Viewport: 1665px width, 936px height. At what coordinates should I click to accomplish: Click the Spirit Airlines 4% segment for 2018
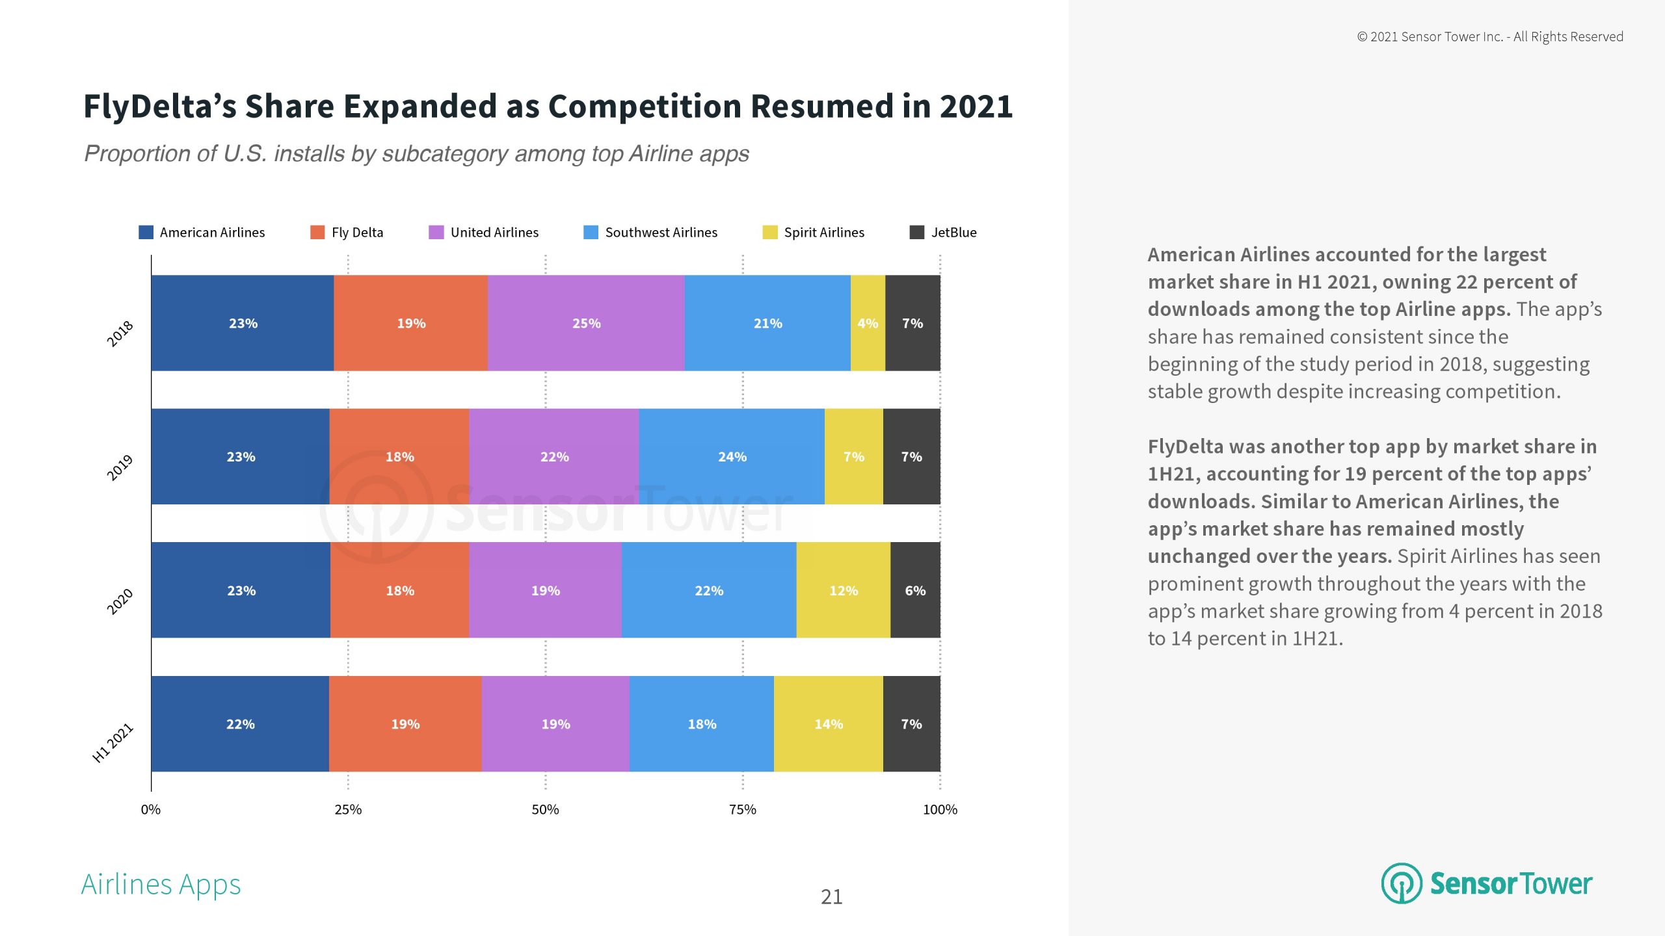click(x=868, y=323)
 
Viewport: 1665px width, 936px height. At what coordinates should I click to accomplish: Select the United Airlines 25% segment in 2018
click(x=586, y=323)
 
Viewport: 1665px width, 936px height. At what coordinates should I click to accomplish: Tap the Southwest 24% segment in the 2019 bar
click(x=732, y=456)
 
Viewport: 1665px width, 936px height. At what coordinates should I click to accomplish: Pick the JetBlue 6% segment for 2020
click(x=915, y=590)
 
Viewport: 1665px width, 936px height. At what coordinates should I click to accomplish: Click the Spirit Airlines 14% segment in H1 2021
click(x=828, y=723)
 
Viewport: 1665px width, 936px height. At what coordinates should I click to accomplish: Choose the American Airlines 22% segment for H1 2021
click(x=240, y=723)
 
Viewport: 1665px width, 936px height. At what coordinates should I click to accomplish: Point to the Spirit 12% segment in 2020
click(x=843, y=590)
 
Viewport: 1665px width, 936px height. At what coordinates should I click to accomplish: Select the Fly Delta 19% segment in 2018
click(x=411, y=323)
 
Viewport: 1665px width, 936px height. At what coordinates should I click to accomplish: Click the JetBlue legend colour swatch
click(x=916, y=232)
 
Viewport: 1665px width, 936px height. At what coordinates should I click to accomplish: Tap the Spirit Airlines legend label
click(x=824, y=232)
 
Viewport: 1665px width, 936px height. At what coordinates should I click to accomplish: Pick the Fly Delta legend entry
click(x=356, y=232)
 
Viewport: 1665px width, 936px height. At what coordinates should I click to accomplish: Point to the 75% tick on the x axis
click(x=743, y=809)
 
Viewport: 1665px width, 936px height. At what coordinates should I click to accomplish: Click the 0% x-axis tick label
click(x=151, y=809)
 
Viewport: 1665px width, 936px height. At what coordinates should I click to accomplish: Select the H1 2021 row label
click(x=113, y=742)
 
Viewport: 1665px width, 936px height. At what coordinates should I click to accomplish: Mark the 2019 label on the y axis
click(x=120, y=467)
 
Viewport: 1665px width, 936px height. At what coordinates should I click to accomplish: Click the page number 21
click(x=831, y=897)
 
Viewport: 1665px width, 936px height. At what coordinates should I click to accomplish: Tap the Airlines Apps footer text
click(x=161, y=884)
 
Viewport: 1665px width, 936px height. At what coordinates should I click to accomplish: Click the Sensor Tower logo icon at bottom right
click(x=1402, y=883)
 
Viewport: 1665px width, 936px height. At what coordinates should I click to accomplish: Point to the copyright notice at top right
click(x=1489, y=36)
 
